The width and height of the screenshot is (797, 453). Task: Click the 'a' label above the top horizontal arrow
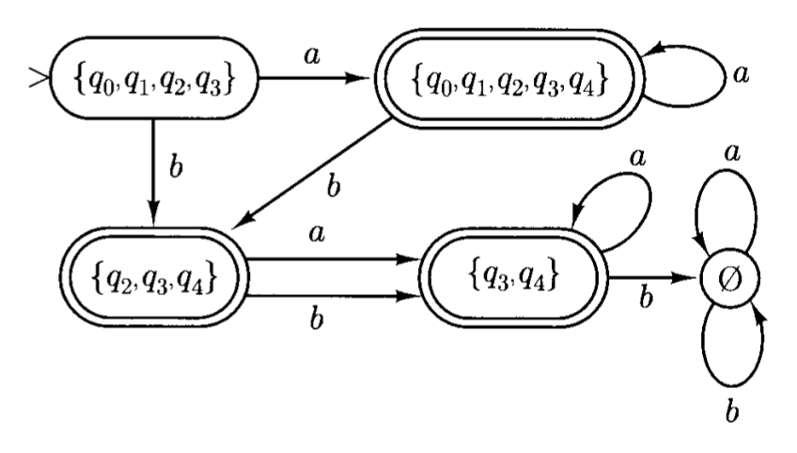click(x=310, y=56)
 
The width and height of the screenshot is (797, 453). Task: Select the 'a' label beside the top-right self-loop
click(x=742, y=74)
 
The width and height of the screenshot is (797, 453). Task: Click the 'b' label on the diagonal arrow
click(x=331, y=184)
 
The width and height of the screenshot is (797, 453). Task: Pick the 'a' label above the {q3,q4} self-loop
click(x=637, y=160)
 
